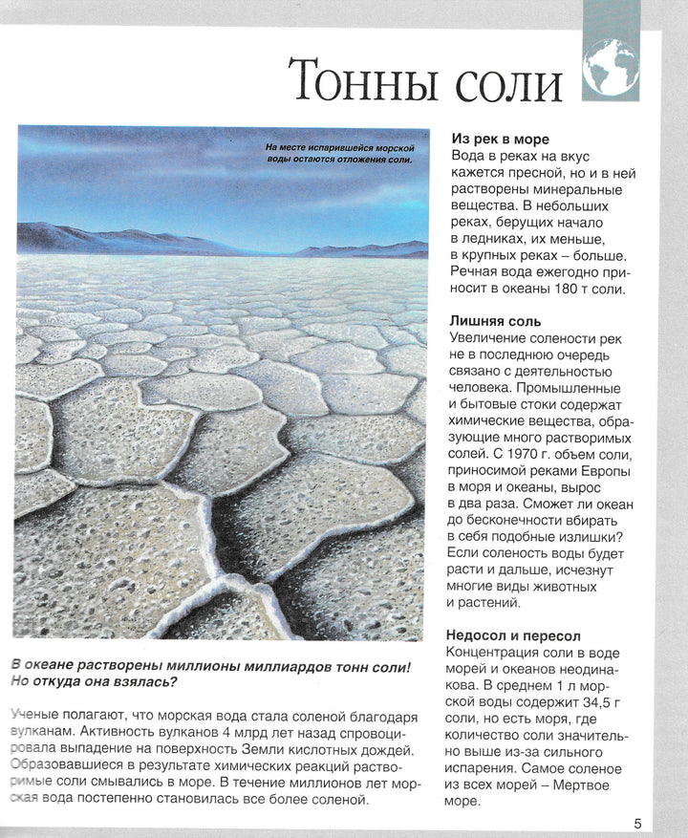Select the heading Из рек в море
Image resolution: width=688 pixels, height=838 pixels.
[x=500, y=139]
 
